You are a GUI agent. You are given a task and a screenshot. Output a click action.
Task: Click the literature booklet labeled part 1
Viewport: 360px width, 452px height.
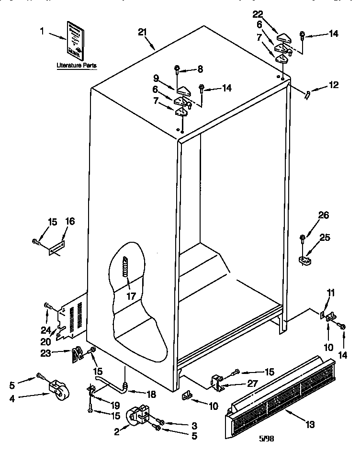coord(76,39)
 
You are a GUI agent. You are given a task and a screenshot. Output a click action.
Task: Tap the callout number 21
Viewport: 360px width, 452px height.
coord(142,32)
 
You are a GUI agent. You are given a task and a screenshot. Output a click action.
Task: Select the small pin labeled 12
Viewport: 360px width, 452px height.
coord(307,94)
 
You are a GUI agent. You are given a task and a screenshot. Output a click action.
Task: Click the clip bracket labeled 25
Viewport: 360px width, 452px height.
coord(304,260)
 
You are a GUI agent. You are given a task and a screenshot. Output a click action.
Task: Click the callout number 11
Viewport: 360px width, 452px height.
coord(330,292)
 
